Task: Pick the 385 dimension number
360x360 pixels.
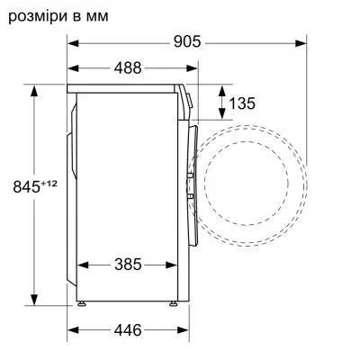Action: (127, 265)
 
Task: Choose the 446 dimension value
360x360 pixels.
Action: (127, 330)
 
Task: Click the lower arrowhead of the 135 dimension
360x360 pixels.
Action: (221, 115)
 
